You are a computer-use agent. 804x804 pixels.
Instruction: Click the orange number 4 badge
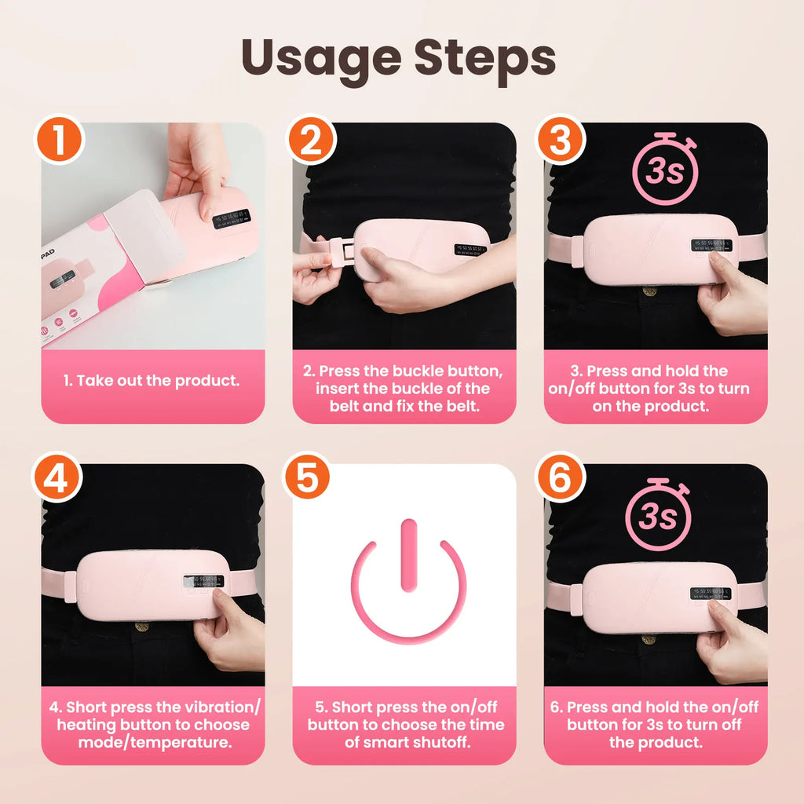[57, 478]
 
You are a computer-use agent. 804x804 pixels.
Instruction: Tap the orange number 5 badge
[308, 478]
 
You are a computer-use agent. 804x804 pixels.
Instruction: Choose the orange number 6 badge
[560, 478]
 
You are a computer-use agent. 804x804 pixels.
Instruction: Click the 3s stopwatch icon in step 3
[664, 169]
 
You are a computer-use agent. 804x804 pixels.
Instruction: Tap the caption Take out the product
[152, 381]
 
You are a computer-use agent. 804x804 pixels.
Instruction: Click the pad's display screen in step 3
[710, 246]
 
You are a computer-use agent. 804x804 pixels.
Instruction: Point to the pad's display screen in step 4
[203, 582]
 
